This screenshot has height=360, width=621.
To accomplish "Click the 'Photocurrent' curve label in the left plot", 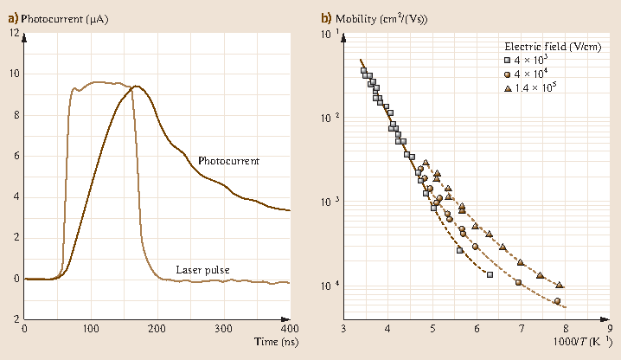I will (228, 161).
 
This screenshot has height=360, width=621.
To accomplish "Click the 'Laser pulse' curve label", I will (202, 269).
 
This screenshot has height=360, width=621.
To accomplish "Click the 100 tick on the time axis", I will (91, 329).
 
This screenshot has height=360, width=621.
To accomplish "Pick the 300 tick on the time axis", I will (223, 329).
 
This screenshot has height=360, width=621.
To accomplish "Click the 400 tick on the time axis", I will (290, 329).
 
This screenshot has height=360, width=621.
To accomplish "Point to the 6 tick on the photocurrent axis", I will (16, 156).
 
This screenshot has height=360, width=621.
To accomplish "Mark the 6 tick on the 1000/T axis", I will (477, 329).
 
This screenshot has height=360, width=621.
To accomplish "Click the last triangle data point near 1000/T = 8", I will (560, 285).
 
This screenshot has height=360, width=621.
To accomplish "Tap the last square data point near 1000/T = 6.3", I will (490, 274).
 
